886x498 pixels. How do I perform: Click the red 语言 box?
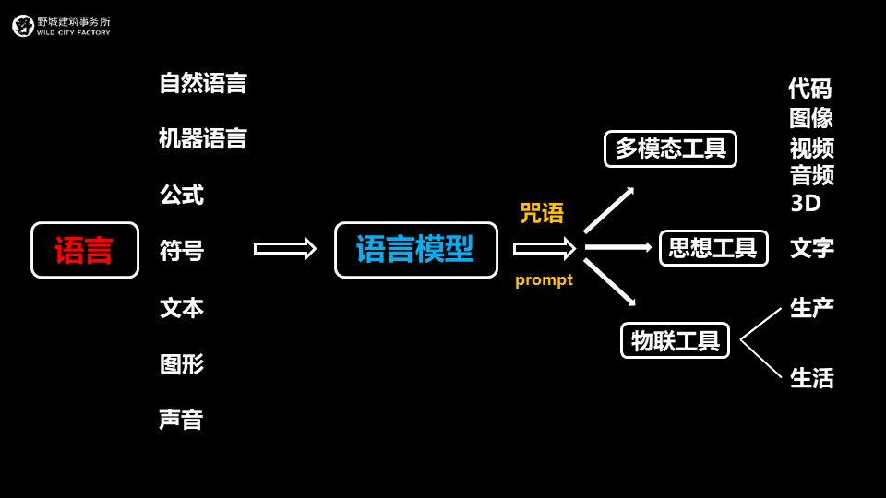85,250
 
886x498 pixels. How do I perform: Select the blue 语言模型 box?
415,249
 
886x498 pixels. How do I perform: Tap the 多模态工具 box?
670,148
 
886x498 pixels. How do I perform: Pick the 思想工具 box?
713,248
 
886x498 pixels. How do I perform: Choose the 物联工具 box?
675,340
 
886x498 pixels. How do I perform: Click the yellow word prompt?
544,279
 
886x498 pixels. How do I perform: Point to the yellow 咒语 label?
542,213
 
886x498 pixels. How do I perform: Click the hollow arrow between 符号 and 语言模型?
284,248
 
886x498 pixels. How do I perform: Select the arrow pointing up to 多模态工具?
608,210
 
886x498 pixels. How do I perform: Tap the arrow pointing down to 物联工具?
609,282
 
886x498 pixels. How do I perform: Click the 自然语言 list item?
203,83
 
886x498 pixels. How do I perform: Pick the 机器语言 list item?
203,138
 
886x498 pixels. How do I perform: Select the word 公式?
182,195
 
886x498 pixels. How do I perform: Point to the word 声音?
181,420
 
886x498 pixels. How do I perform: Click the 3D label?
806,203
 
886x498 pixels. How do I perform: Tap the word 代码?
810,89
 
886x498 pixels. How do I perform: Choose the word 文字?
812,248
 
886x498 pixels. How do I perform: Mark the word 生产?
812,308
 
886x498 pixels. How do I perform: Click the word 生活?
812,378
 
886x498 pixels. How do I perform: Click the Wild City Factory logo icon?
23,26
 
